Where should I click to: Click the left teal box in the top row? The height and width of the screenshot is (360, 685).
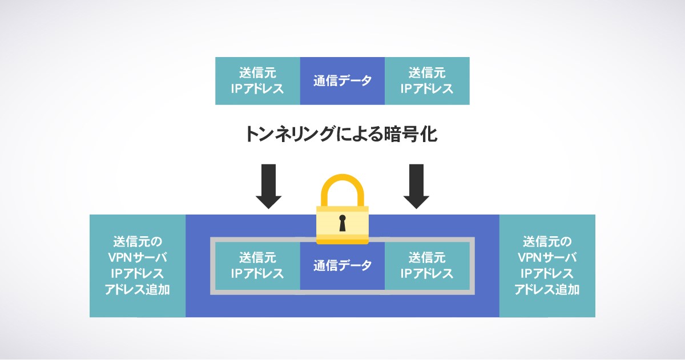[x=257, y=80]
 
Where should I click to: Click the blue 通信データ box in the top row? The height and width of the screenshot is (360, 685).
[x=342, y=80]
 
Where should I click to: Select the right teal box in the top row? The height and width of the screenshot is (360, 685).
[x=427, y=80]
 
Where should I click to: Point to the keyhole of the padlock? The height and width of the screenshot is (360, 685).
[x=342, y=223]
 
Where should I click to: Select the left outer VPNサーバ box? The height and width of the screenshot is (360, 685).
[x=138, y=265]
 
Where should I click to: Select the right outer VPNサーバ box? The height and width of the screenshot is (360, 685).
[x=547, y=265]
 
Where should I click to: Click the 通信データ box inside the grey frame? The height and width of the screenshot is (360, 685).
[x=342, y=265]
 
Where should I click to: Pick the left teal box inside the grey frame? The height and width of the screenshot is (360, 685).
[x=257, y=265]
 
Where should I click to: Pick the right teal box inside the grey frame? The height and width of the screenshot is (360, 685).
[x=427, y=265]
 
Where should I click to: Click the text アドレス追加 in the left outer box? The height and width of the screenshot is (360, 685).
[x=138, y=289]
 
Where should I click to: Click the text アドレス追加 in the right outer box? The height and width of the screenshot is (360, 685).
[x=547, y=289]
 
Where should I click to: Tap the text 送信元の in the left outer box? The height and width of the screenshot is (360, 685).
[x=138, y=241]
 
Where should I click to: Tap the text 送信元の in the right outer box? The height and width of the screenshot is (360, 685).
[x=547, y=241]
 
